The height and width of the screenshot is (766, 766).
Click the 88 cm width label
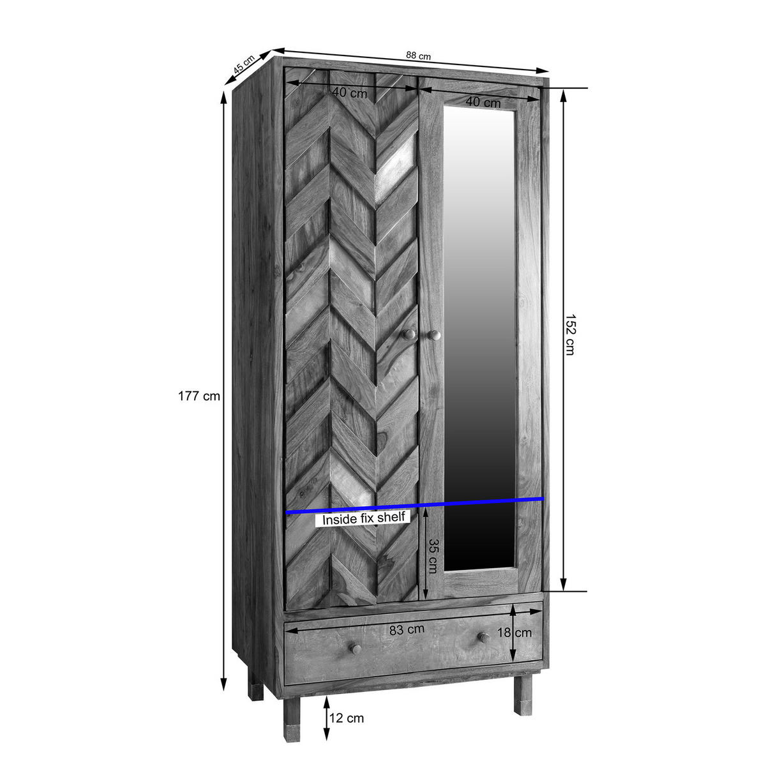(418, 56)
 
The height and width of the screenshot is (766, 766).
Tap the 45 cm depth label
(244, 65)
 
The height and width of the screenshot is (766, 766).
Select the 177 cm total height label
(199, 396)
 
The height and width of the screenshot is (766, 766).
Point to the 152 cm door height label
(570, 334)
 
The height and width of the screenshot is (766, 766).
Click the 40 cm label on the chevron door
(349, 93)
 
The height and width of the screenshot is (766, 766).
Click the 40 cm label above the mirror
(483, 102)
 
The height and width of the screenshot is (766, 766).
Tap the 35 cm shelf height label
(433, 556)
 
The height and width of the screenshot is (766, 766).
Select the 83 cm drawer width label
(407, 629)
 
